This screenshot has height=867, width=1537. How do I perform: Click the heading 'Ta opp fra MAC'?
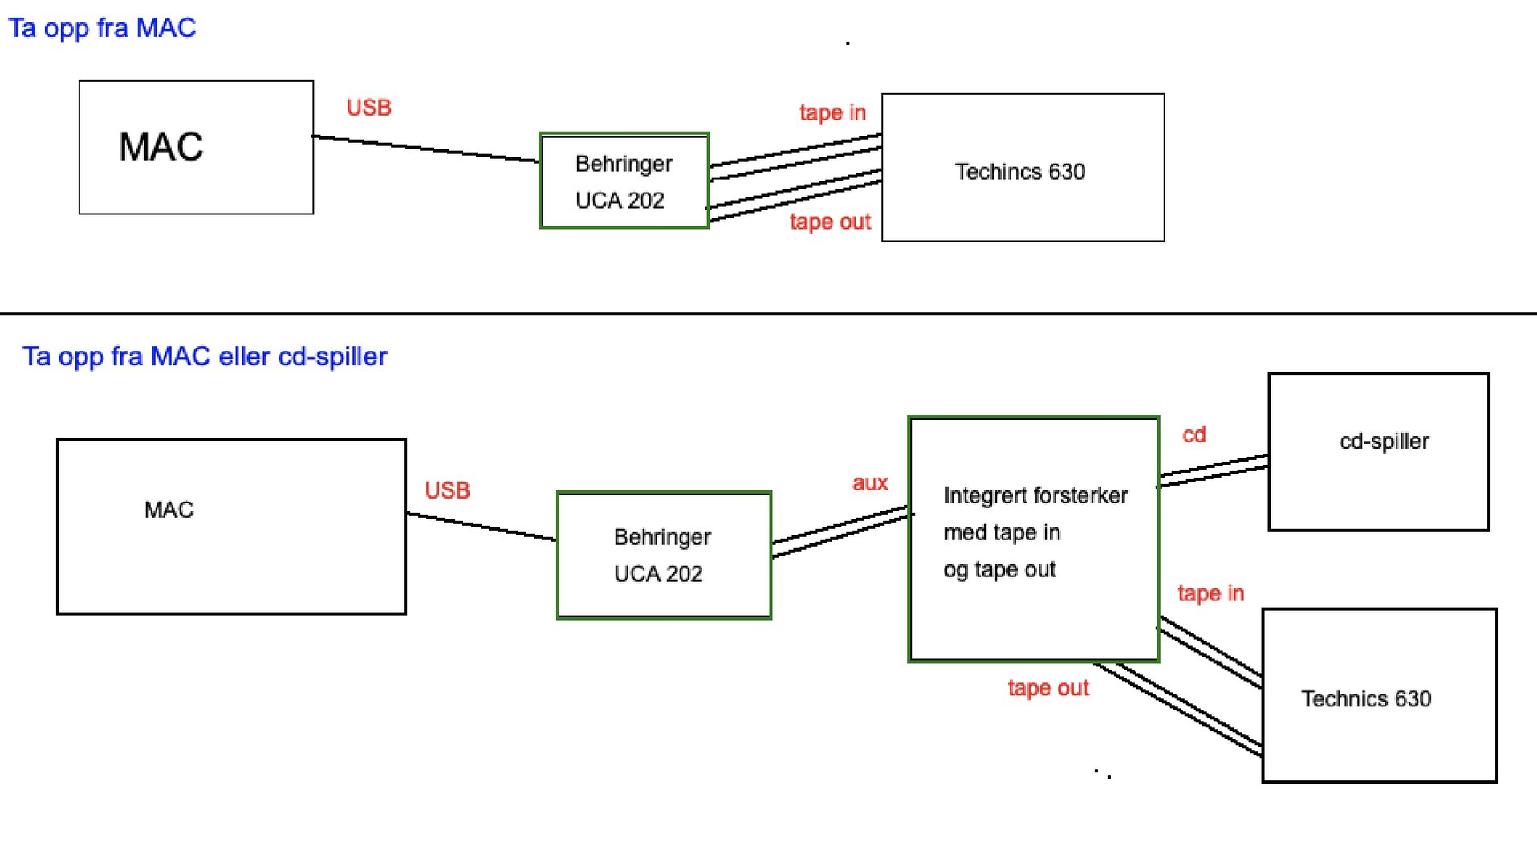pyautogui.click(x=102, y=28)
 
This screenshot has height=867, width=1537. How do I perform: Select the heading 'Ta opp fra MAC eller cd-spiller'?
pyautogui.click(x=205, y=356)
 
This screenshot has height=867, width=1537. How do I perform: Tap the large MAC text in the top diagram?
pyautogui.click(x=161, y=147)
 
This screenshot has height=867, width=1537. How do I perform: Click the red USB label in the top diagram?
pyautogui.click(x=368, y=108)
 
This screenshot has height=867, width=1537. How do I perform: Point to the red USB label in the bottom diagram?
pyautogui.click(x=447, y=490)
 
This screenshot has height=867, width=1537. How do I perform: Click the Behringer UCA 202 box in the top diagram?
pyautogui.click(x=624, y=181)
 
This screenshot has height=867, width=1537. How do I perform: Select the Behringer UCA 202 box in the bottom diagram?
pyautogui.click(x=664, y=556)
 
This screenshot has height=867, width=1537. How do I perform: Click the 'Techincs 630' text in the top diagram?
pyautogui.click(x=1019, y=172)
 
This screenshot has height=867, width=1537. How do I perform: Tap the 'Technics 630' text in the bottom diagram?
pyautogui.click(x=1366, y=699)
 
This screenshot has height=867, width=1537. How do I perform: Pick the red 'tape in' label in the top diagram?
pyautogui.click(x=832, y=112)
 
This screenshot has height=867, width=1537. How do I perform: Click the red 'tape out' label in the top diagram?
pyautogui.click(x=830, y=222)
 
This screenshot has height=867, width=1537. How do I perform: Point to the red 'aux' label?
pyautogui.click(x=870, y=483)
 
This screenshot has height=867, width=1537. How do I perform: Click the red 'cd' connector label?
pyautogui.click(x=1194, y=435)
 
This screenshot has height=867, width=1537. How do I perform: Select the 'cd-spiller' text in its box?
pyautogui.click(x=1384, y=442)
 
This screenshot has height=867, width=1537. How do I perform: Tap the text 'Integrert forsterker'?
pyautogui.click(x=1035, y=496)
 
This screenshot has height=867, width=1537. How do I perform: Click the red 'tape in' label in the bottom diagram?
pyautogui.click(x=1210, y=594)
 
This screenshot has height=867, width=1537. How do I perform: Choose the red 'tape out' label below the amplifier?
pyautogui.click(x=1048, y=689)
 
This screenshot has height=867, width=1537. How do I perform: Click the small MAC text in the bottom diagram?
pyautogui.click(x=169, y=511)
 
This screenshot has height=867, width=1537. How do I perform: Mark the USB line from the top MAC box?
pyautogui.click(x=425, y=149)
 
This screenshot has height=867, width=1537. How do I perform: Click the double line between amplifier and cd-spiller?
pyautogui.click(x=1214, y=470)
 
